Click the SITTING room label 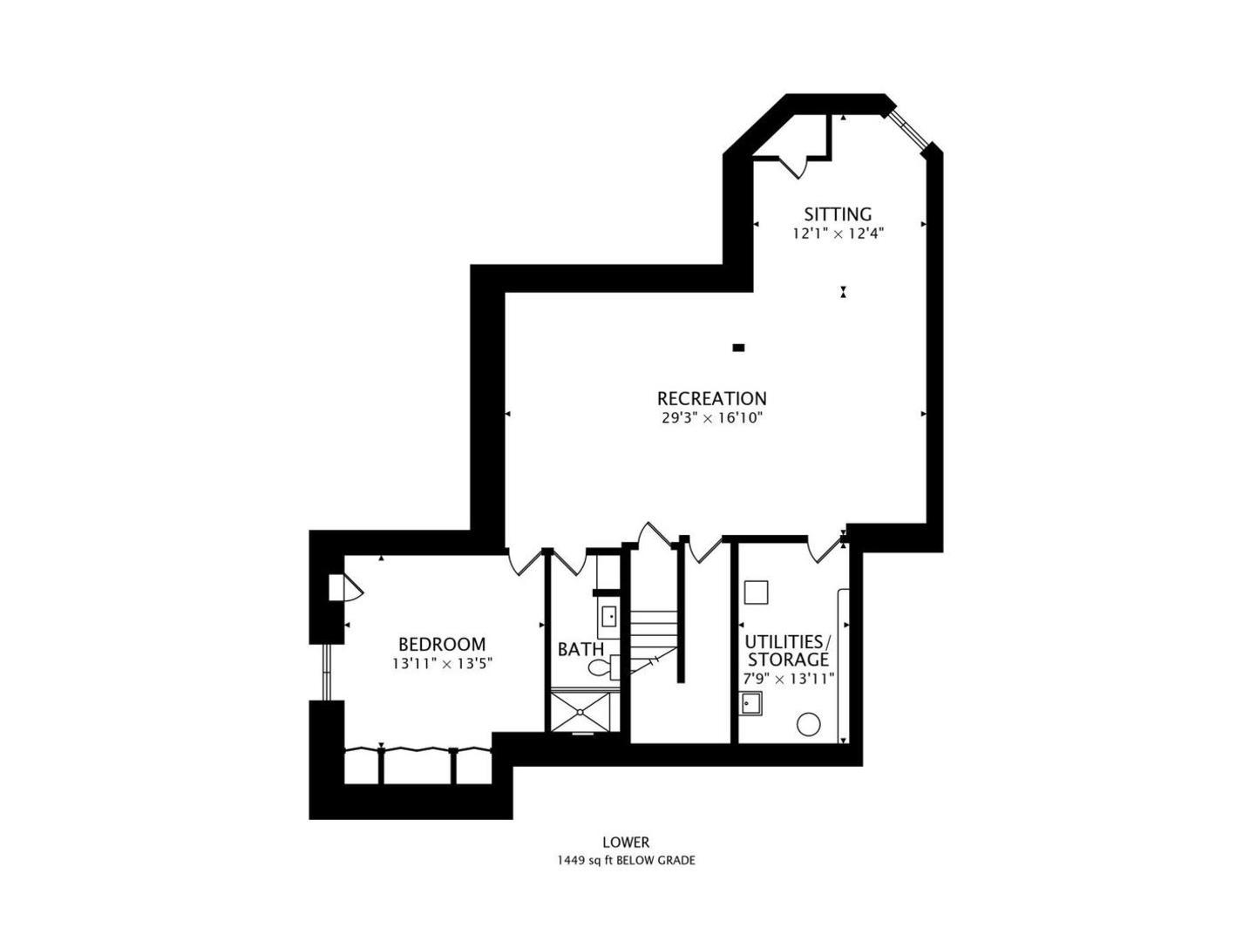coord(838,214)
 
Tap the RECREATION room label coord(711,398)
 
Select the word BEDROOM coord(442,645)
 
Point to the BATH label coord(580,649)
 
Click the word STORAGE coord(788,660)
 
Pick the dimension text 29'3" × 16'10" coord(712,418)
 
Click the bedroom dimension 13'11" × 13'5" coord(442,664)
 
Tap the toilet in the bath coord(604,667)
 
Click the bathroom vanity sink coord(609,617)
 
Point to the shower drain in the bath coord(580,712)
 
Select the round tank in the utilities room coord(809,725)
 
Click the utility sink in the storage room coord(751,703)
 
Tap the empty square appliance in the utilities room coord(756,592)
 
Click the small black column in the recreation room coord(739,348)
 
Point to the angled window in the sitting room coord(908,131)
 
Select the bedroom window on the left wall coord(327,672)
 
